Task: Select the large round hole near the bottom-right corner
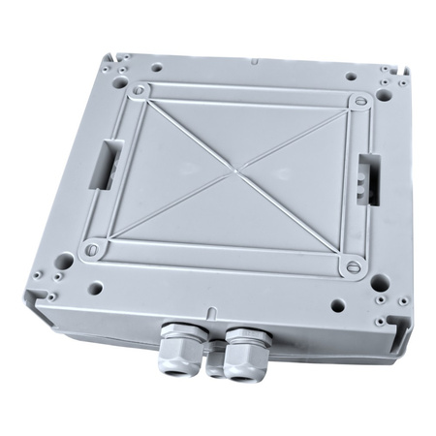pos(381,284)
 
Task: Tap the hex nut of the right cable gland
pos(235,350)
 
